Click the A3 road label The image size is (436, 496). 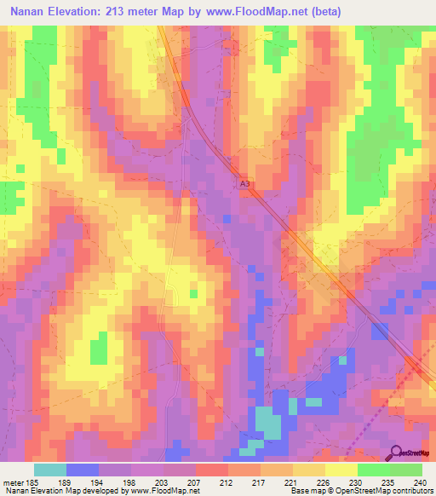(x=245, y=183)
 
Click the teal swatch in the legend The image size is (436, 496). (x=49, y=469)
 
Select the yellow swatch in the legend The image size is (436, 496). (x=341, y=469)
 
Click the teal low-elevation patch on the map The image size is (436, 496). (x=268, y=424)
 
